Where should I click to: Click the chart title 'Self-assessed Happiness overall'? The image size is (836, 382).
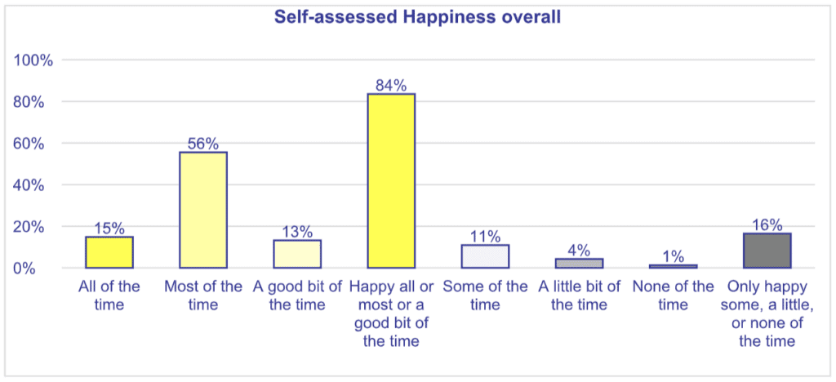pos(417,17)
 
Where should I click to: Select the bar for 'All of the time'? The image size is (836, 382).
pos(109,252)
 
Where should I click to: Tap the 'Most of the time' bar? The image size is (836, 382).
pos(203,210)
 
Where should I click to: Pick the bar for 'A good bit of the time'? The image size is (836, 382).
pos(297,254)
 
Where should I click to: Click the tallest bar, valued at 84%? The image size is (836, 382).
pos(391,180)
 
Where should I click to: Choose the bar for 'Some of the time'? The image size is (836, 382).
pos(485,256)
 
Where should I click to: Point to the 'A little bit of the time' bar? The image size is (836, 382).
pos(579,263)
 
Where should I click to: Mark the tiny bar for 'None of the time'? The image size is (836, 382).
pos(673,266)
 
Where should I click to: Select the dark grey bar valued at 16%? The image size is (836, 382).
pos(767,251)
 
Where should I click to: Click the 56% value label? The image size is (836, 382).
pos(203,144)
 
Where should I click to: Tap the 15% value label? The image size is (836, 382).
pos(109,229)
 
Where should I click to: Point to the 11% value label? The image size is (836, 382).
pos(485,237)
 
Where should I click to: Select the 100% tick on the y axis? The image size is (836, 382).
pos(34,60)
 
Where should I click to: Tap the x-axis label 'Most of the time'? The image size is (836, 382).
pos(203,295)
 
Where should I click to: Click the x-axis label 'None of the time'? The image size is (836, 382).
pos(673,295)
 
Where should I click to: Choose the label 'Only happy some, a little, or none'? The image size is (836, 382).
pos(767,313)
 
